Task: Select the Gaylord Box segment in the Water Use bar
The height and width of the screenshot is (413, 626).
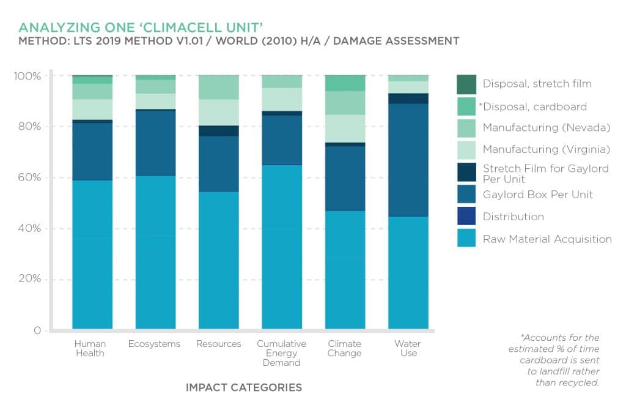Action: [408, 160]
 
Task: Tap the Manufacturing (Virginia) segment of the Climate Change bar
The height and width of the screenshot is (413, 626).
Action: [345, 128]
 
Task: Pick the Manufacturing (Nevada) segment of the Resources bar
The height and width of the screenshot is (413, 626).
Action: [219, 87]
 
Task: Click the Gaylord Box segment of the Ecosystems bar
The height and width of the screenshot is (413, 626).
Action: [155, 143]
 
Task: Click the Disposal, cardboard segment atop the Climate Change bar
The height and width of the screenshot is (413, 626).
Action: [345, 83]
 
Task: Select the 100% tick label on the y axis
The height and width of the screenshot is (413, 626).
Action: [27, 76]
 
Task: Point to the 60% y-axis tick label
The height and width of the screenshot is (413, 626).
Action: [29, 178]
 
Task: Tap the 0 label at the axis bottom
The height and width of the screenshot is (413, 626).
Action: [37, 331]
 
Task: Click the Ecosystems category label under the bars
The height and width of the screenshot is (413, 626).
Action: [154, 344]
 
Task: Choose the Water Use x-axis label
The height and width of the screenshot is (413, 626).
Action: [408, 348]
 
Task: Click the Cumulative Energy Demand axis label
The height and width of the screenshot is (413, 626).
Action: [281, 353]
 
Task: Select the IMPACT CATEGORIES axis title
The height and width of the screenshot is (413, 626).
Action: [243, 388]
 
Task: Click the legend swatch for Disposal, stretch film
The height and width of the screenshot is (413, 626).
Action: [466, 84]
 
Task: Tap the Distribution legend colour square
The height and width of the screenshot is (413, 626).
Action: [466, 217]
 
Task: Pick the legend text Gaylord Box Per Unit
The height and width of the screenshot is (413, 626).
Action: [538, 195]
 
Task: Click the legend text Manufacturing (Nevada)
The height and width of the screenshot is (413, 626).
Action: [547, 128]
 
